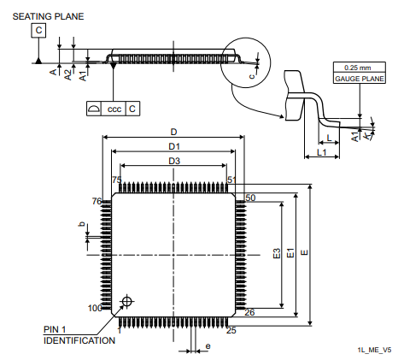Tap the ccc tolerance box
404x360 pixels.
click(x=114, y=109)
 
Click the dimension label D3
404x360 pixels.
click(x=173, y=161)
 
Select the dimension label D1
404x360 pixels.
click(x=173, y=147)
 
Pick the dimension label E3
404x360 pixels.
click(x=276, y=254)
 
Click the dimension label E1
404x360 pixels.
click(x=290, y=254)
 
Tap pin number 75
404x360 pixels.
click(x=117, y=180)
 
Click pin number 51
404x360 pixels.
click(x=231, y=180)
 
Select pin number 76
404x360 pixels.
click(x=97, y=201)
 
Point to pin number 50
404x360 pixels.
click(x=250, y=198)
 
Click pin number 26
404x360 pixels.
click(x=249, y=312)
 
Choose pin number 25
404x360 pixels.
click(x=231, y=329)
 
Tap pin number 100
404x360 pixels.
click(x=95, y=308)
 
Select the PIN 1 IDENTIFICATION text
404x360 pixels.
click(x=79, y=334)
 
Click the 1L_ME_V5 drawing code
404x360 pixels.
click(x=375, y=350)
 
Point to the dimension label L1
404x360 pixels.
click(x=321, y=151)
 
